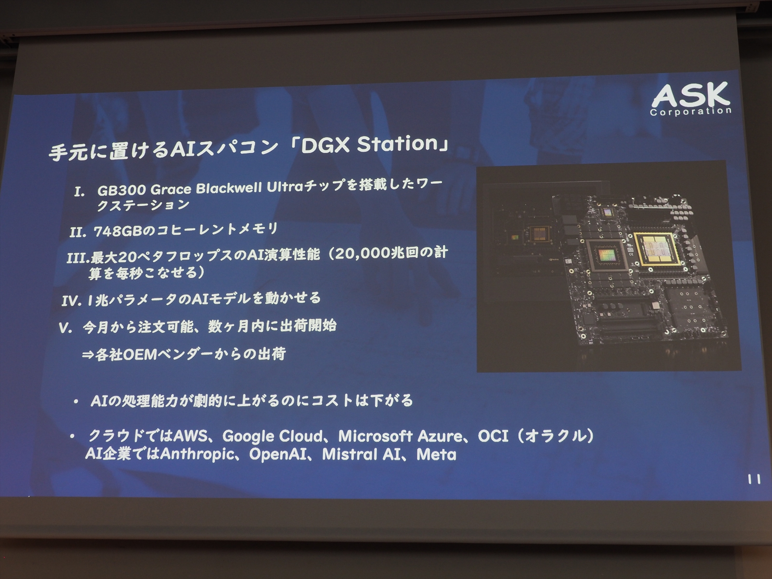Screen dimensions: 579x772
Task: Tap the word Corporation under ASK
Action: point(690,111)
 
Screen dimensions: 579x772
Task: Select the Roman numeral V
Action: point(65,328)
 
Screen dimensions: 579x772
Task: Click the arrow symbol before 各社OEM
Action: point(88,355)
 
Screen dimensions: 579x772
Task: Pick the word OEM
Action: point(139,355)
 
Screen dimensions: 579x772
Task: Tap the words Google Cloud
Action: point(272,436)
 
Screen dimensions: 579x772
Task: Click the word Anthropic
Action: point(197,454)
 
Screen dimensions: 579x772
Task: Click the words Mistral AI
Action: point(361,454)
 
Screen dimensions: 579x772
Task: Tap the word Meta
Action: point(436,455)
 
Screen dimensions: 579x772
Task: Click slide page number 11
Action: point(754,479)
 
